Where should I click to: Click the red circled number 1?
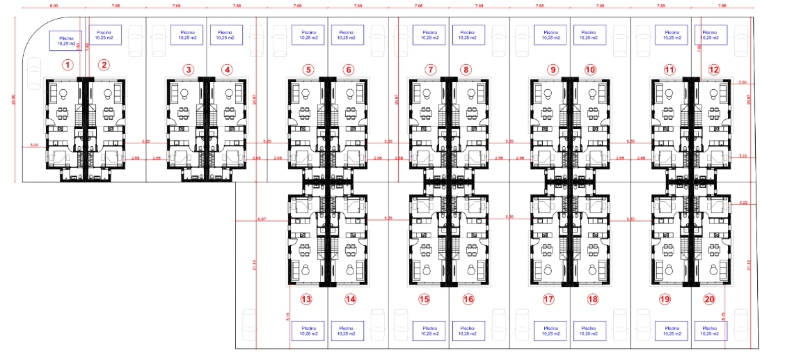[68, 65]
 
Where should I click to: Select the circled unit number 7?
[431, 70]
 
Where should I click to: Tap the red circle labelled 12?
[714, 70]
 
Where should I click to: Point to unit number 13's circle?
[306, 299]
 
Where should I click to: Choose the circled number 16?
[468, 299]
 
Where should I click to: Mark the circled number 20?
[709, 299]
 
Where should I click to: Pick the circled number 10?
[591, 70]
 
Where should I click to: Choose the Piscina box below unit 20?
[710, 330]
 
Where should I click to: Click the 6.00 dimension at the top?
[53, 5]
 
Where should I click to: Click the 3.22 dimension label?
[743, 156]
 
